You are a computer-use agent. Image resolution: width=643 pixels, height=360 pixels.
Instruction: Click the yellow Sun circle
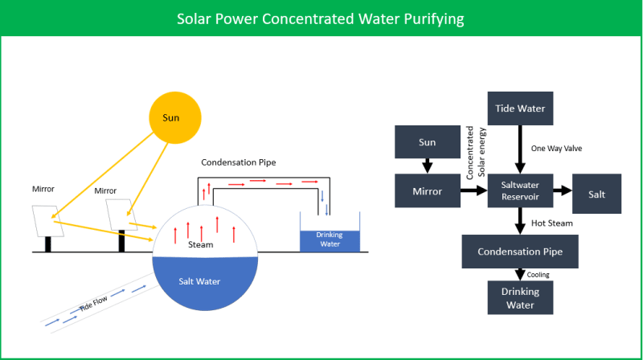(172, 117)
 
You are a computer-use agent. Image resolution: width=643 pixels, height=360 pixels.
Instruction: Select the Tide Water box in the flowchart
(518, 108)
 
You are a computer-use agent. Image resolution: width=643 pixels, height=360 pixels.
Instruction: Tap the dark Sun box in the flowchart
(428, 142)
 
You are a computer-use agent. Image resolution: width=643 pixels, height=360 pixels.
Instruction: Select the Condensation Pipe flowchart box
(520, 252)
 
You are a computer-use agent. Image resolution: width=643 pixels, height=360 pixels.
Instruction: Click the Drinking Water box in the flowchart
(521, 297)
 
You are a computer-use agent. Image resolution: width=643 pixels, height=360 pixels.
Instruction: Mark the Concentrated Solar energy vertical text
(474, 153)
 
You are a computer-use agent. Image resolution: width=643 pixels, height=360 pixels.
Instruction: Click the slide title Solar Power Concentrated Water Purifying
(321, 18)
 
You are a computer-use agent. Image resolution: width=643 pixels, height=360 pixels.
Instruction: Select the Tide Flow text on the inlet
(94, 306)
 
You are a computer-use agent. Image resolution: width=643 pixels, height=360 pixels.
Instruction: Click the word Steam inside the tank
(199, 243)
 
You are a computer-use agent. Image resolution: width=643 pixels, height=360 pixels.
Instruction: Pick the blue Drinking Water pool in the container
(330, 239)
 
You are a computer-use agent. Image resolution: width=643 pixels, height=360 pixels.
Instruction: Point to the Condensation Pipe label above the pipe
(239, 162)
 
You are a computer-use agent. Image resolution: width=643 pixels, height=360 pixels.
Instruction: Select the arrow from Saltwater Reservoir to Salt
(560, 193)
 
